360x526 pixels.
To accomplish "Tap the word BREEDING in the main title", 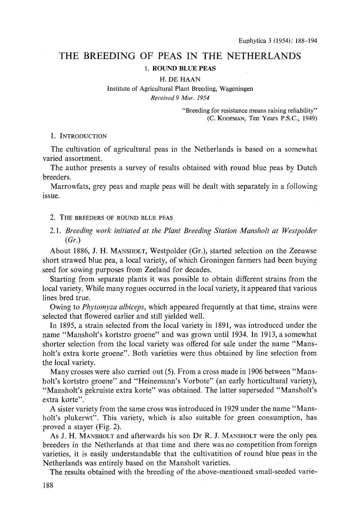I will click(109, 56).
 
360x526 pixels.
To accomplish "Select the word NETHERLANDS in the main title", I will click(263, 56).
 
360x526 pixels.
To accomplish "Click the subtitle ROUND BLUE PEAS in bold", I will click(184, 68).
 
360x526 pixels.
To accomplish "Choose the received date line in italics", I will click(180, 98).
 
